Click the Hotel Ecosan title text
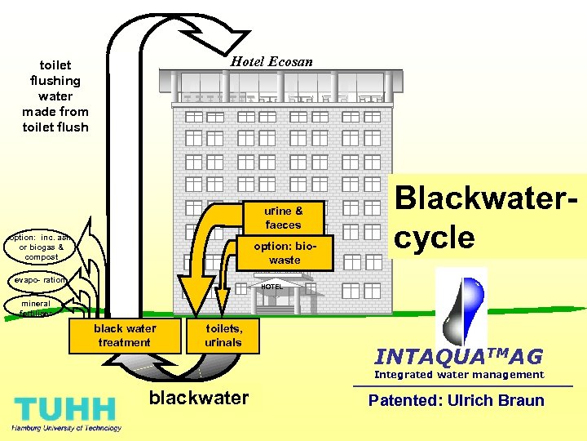click(x=271, y=61)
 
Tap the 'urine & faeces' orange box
click(x=284, y=218)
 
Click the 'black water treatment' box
click(x=125, y=336)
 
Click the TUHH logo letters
click(x=64, y=408)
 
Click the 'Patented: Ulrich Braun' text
click(x=456, y=400)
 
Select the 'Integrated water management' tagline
click(x=458, y=375)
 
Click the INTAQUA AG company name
click(x=457, y=357)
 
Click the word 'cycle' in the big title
click(x=433, y=238)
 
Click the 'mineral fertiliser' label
click(x=37, y=308)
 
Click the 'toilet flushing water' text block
click(x=55, y=96)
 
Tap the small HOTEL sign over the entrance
click(x=272, y=287)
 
